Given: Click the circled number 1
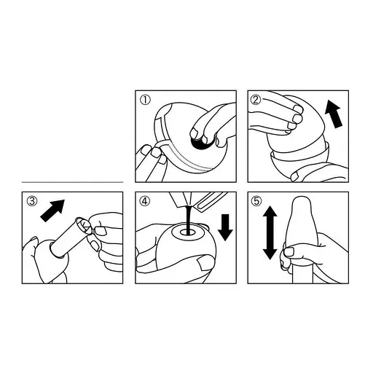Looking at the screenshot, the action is pyautogui.click(x=146, y=101).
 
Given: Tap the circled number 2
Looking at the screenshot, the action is pyautogui.click(x=256, y=100).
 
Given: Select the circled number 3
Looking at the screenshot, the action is pyautogui.click(x=32, y=201).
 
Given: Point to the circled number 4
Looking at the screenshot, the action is pyautogui.click(x=145, y=201).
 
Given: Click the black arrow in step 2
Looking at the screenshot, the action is pyautogui.click(x=334, y=114).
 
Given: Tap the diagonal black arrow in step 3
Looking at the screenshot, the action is pyautogui.click(x=53, y=211).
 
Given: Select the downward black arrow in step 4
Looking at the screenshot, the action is pyautogui.click(x=225, y=227).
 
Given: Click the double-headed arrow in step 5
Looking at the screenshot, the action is pyautogui.click(x=270, y=232).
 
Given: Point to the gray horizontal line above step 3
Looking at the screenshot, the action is pyautogui.click(x=72, y=182).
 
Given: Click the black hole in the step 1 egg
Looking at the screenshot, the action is pyautogui.click(x=200, y=144).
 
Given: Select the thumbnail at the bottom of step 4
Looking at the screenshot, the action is pyautogui.click(x=205, y=264).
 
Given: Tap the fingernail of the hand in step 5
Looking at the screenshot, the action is pyautogui.click(x=289, y=252).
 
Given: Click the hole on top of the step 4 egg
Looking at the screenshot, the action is pyautogui.click(x=187, y=233).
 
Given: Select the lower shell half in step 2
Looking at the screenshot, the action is pyautogui.click(x=299, y=165).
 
